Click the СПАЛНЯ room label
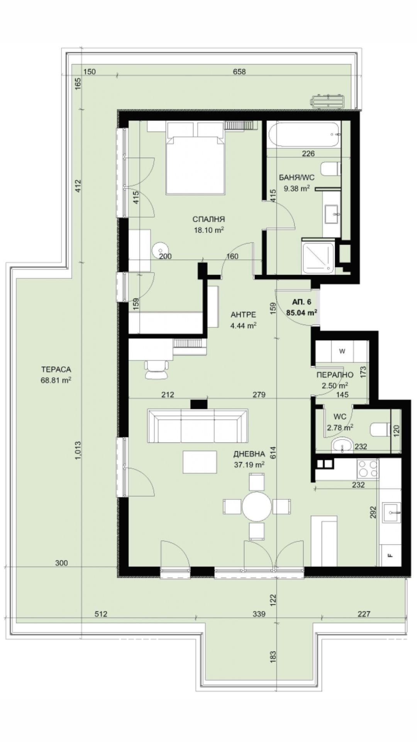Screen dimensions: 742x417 [x=208, y=220]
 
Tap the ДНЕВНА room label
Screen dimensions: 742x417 [x=249, y=454]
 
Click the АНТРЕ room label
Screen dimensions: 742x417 [x=243, y=315]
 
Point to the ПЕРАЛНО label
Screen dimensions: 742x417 [x=335, y=374]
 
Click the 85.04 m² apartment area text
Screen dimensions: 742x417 [x=302, y=313]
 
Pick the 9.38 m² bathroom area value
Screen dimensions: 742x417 [x=297, y=189]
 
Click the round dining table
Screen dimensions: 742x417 [x=257, y=506]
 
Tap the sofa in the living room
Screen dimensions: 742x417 [x=197, y=426]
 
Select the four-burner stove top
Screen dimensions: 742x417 [x=368, y=469]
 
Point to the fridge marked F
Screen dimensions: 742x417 [x=390, y=556]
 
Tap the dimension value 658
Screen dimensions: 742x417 [x=239, y=71]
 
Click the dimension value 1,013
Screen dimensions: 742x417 [x=78, y=451]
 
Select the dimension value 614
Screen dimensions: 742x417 [x=273, y=452]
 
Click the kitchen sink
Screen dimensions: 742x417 [x=391, y=513]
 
